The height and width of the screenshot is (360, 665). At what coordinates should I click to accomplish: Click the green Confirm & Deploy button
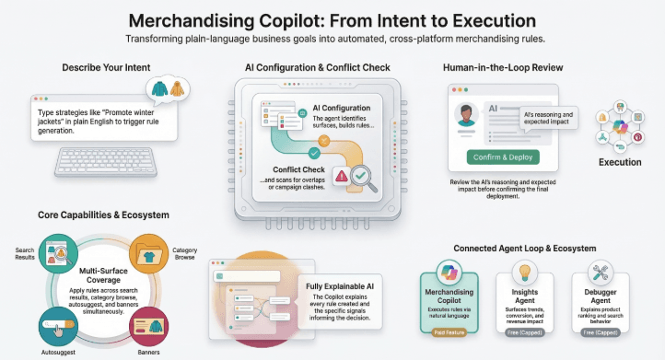click(504, 157)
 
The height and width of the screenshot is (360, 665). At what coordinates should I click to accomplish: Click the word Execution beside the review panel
click(620, 162)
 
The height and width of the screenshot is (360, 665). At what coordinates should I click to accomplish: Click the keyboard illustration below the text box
click(104, 163)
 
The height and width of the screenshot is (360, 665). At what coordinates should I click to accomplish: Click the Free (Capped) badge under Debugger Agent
click(600, 331)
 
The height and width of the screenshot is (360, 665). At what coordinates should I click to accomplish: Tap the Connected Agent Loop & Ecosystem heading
click(525, 249)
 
